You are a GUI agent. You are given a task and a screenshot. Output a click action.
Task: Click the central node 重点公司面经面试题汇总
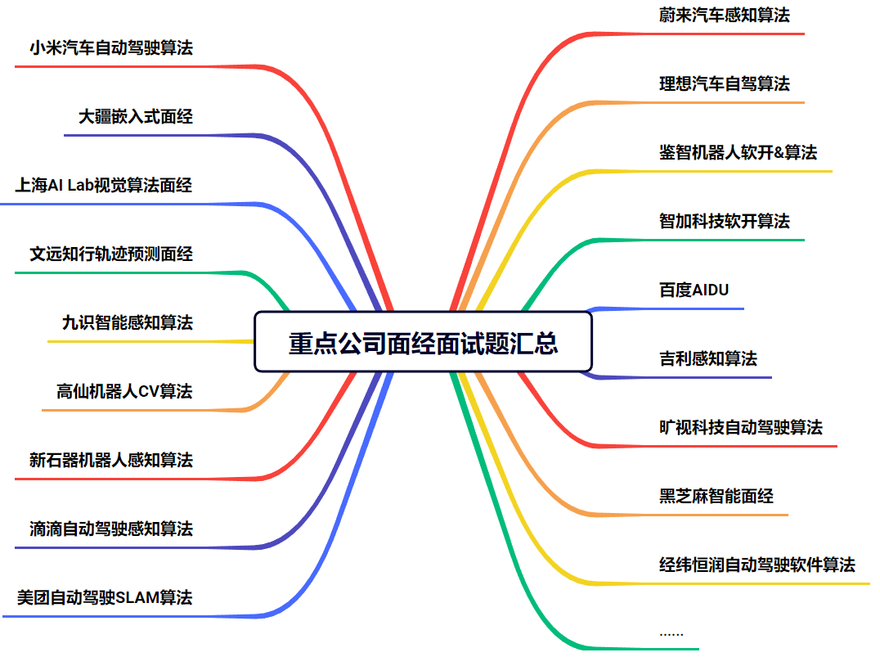[x=423, y=342]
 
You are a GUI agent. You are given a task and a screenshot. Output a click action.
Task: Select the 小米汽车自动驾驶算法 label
[x=111, y=48]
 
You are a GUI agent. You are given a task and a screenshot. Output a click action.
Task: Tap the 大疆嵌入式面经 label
[x=136, y=117]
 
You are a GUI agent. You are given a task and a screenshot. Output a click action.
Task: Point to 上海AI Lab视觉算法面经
[x=104, y=186]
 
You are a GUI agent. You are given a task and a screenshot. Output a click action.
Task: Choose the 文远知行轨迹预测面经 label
[x=111, y=254]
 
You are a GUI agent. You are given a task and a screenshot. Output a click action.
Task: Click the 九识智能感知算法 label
[x=128, y=322]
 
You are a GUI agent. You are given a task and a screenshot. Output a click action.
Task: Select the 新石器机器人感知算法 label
[x=111, y=460]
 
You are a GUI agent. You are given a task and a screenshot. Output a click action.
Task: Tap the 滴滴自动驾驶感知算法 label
[x=111, y=529]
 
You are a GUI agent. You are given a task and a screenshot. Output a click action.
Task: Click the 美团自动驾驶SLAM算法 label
[x=105, y=597]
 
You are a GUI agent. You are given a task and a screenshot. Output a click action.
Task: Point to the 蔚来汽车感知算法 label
[x=725, y=15]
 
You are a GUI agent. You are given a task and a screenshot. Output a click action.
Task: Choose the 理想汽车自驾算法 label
[x=725, y=83]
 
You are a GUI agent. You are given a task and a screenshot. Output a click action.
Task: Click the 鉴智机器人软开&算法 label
[x=738, y=152]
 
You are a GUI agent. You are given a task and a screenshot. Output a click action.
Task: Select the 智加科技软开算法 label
[x=725, y=221]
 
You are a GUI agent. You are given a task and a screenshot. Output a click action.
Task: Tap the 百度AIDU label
[x=694, y=290]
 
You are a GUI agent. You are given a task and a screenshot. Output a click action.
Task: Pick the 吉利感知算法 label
[x=708, y=358]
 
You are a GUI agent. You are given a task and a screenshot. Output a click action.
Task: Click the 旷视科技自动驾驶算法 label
[x=741, y=427]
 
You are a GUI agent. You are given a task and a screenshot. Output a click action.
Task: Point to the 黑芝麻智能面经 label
[x=716, y=496]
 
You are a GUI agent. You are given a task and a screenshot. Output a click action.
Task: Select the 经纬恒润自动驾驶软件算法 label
[x=757, y=565]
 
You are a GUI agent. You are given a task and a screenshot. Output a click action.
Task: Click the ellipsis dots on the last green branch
[x=671, y=633]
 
